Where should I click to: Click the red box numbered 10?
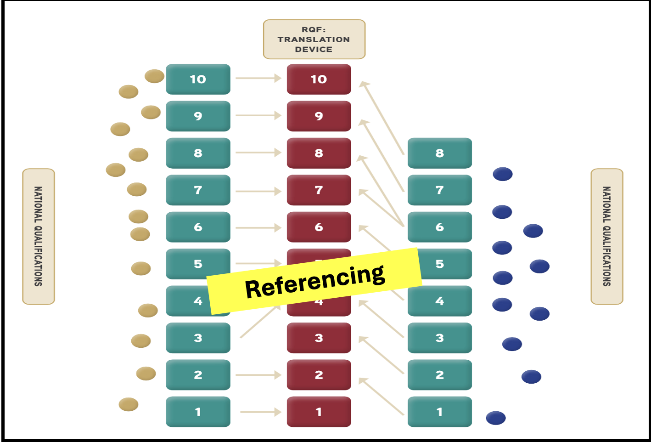(x=319, y=79)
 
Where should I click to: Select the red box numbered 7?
(x=319, y=190)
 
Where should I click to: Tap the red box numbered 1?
(x=319, y=412)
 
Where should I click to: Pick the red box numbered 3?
(x=319, y=338)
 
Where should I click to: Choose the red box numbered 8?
(x=319, y=153)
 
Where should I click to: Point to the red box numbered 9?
(x=319, y=116)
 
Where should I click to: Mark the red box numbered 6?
(x=319, y=227)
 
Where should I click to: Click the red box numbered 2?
(x=319, y=375)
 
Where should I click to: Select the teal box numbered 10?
(x=198, y=79)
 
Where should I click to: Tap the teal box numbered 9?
(x=198, y=116)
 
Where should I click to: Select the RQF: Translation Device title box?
(x=314, y=39)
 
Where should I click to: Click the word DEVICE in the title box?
(x=314, y=50)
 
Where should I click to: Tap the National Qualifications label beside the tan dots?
(x=39, y=236)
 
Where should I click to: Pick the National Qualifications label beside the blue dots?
(x=606, y=236)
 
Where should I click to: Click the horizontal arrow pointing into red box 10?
(x=258, y=79)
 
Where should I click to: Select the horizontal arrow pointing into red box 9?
(x=258, y=115)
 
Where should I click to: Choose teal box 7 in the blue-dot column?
(x=439, y=190)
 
